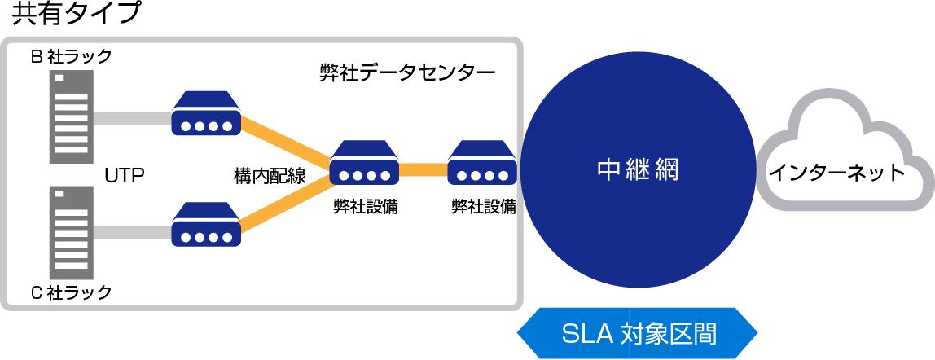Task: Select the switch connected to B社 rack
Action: [x=206, y=116]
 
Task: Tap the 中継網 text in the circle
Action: [x=638, y=171]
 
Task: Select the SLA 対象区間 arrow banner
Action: [x=638, y=334]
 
